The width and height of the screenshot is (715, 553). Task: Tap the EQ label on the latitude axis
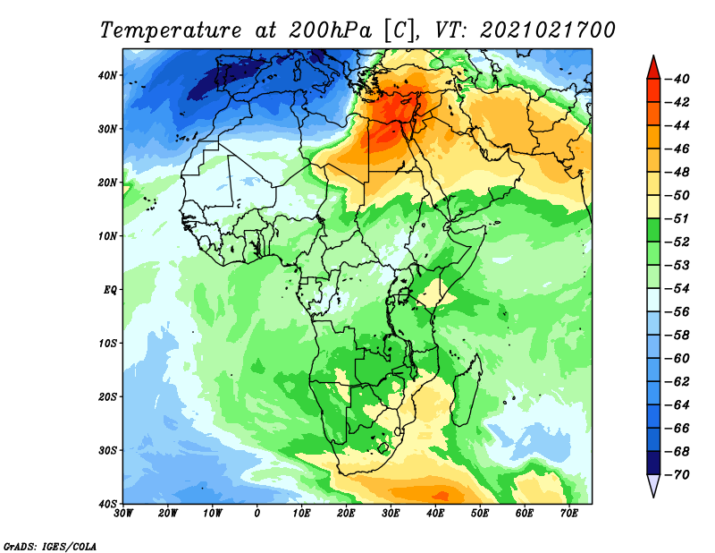[x=109, y=289]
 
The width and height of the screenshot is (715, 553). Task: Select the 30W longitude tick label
[x=123, y=514]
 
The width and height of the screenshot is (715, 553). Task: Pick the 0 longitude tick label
[x=257, y=514]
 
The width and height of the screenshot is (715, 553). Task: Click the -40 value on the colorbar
[x=678, y=78]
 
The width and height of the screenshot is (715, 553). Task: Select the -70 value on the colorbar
[x=678, y=475]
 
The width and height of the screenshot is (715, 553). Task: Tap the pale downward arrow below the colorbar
[x=653, y=486]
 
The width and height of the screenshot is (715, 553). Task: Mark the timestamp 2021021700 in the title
[x=548, y=30]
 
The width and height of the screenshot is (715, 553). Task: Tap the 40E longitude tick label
[x=435, y=514]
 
